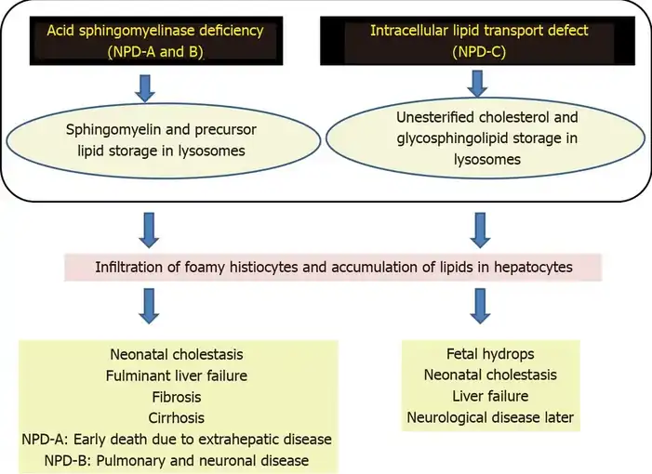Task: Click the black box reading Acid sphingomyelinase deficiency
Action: pyautogui.click(x=155, y=41)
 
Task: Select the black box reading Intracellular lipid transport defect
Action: pyautogui.click(x=479, y=41)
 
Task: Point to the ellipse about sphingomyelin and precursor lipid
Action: pyautogui.click(x=155, y=139)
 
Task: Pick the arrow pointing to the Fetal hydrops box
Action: pyautogui.click(x=478, y=305)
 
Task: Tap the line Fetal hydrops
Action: pyautogui.click(x=490, y=354)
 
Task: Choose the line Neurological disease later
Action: pyautogui.click(x=490, y=417)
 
